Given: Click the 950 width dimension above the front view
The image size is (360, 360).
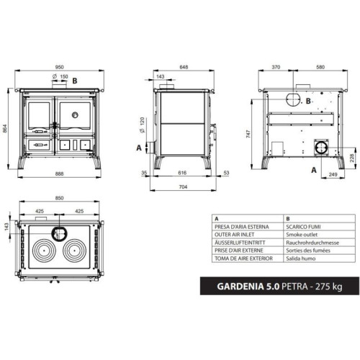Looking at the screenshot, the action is pyautogui.click(x=59, y=67).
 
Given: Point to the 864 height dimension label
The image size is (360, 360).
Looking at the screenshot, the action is pyautogui.click(x=5, y=128).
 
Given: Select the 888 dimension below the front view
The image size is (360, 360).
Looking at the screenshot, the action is pyautogui.click(x=59, y=174).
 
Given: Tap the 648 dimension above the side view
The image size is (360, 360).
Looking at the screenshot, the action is pyautogui.click(x=184, y=67).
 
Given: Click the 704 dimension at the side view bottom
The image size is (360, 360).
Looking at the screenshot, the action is pyautogui.click(x=183, y=186).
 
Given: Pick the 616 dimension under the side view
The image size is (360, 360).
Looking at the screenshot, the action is pyautogui.click(x=182, y=173).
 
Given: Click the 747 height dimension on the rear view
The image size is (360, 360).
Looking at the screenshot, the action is pyautogui.click(x=248, y=134).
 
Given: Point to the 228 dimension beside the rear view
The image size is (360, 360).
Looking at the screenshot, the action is pyautogui.click(x=352, y=158).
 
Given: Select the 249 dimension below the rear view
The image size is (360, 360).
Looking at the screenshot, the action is pyautogui.click(x=333, y=174).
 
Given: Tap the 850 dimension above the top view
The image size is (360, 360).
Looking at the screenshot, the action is pyautogui.click(x=59, y=198).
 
